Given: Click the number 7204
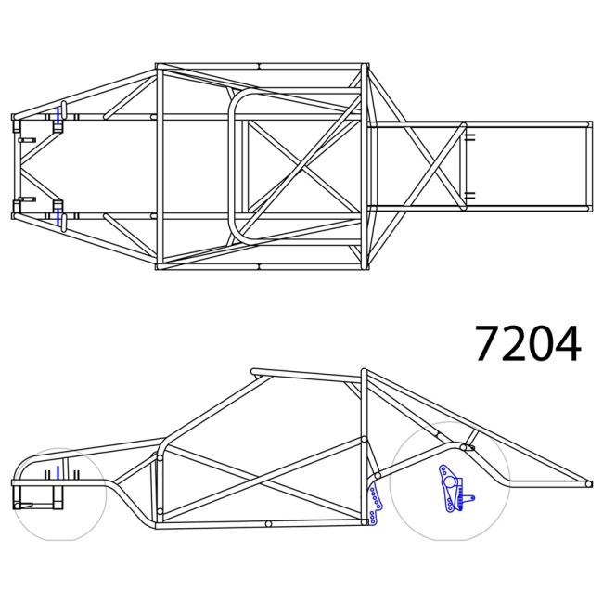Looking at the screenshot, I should click(x=528, y=343).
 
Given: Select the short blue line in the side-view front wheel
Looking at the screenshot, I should click(x=57, y=473).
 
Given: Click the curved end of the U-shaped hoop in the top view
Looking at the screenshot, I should click(x=232, y=166).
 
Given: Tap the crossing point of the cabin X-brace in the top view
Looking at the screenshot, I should click(x=301, y=166).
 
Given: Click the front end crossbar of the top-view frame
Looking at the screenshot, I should click(x=14, y=166).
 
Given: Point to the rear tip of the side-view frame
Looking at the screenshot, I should click(x=588, y=482).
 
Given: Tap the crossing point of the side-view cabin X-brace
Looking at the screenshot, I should click(x=263, y=480).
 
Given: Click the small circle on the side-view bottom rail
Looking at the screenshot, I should click(x=268, y=524).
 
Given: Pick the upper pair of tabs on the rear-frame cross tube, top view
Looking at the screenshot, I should click(x=469, y=136).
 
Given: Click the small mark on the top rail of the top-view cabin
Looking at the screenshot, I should click(x=259, y=67).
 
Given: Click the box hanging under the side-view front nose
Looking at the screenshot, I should click(x=39, y=496).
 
